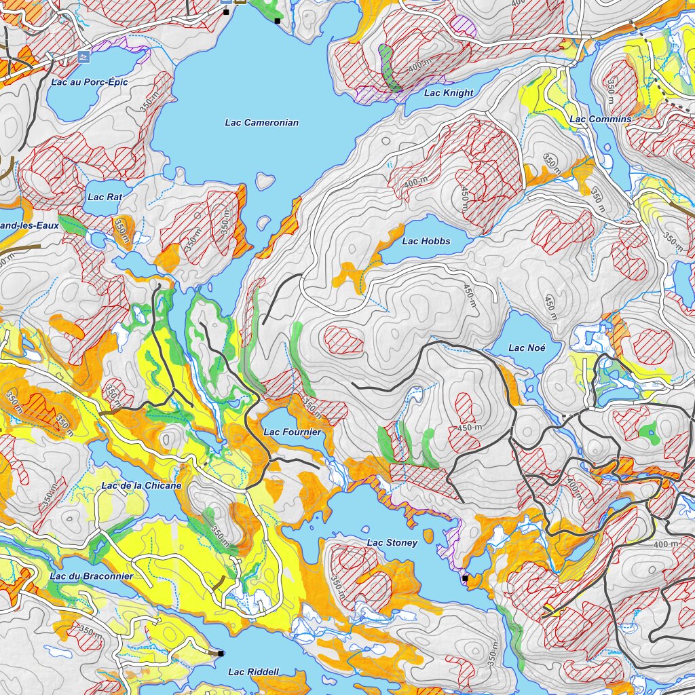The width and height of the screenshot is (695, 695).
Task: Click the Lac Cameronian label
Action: click(261, 123)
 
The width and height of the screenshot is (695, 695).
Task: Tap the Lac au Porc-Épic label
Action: click(89, 82)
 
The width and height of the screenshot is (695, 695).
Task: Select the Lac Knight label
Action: click(449, 93)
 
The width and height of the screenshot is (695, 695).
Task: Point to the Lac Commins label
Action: click(600, 119)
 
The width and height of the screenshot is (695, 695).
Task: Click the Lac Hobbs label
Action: click(426, 241)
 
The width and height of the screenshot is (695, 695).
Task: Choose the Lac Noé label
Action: click(527, 348)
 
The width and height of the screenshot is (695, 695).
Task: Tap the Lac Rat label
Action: click(105, 198)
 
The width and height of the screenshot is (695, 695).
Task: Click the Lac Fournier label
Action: click(292, 432)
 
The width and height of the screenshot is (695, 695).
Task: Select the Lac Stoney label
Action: click(392, 543)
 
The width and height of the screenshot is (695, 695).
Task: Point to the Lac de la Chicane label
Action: click(141, 486)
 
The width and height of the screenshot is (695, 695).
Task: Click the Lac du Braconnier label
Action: click(91, 576)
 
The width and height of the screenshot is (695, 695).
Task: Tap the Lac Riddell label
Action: click(253, 672)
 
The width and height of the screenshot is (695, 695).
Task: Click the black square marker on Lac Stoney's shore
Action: click(465, 578)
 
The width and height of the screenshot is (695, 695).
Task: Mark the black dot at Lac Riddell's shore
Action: click(221, 653)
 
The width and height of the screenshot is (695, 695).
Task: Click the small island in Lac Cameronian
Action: click(265, 181)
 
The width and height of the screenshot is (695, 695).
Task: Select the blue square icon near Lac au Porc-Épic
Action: click(83, 56)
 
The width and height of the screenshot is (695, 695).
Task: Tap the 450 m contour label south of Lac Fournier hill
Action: click(468, 428)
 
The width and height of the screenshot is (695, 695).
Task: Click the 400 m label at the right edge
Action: click(665, 544)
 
